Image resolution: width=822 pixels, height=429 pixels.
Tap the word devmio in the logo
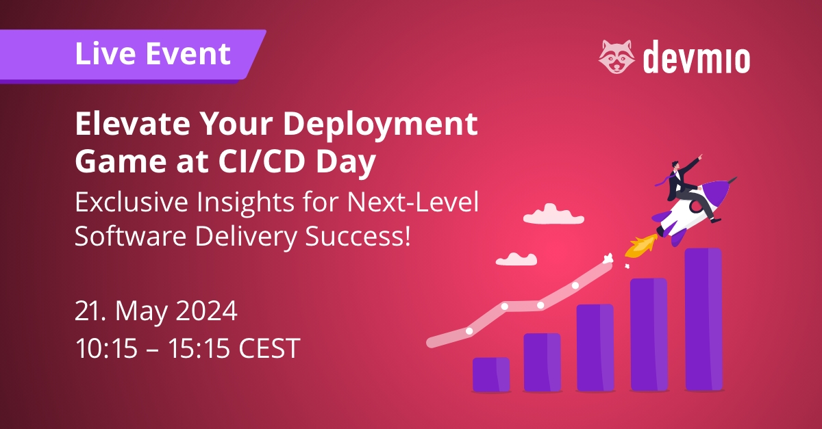[x=697, y=58]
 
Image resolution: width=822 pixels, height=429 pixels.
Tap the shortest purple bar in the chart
[x=491, y=374]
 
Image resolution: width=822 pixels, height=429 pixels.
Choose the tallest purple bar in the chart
[x=703, y=320]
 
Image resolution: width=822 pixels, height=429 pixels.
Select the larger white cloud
[x=549, y=216]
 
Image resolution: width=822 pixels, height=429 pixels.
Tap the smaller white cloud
[x=516, y=259]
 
